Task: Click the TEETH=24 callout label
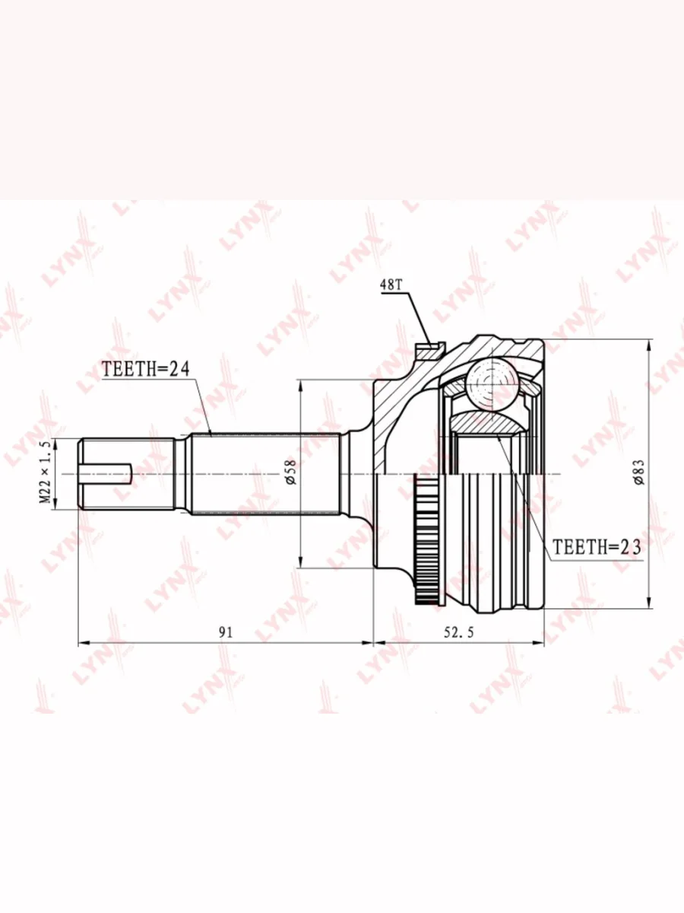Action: tap(145, 369)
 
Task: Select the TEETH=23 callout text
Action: tap(597, 548)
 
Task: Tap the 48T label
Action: tap(391, 285)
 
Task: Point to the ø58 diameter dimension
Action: tap(291, 472)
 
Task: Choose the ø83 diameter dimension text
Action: tap(639, 472)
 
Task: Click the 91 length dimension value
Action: tap(226, 632)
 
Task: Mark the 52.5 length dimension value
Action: tap(458, 632)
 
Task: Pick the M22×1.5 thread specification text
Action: tap(46, 472)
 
